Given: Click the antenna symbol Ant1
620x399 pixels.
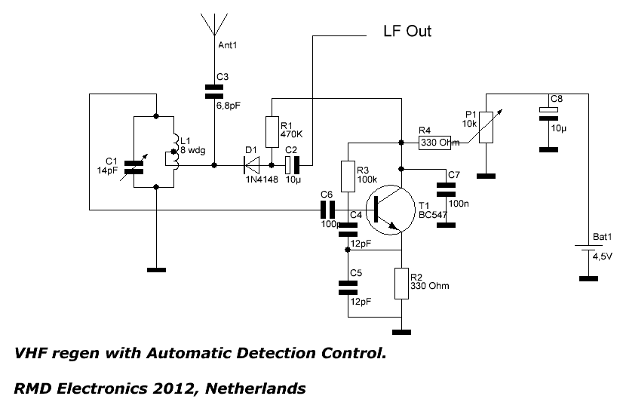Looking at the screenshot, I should pyautogui.click(x=213, y=25).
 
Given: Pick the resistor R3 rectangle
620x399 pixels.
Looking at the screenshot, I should pyautogui.click(x=347, y=175).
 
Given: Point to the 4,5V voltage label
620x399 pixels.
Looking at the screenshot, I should pyautogui.click(x=603, y=256).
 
